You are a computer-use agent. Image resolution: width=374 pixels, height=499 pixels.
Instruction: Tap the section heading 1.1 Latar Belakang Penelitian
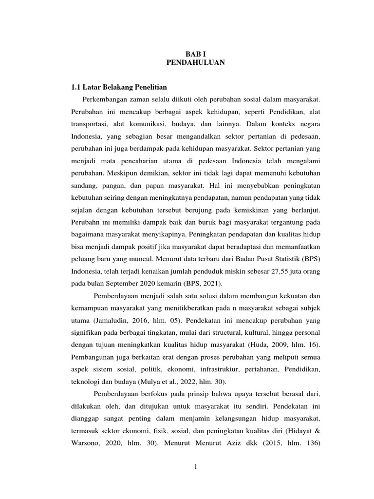[119, 87]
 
